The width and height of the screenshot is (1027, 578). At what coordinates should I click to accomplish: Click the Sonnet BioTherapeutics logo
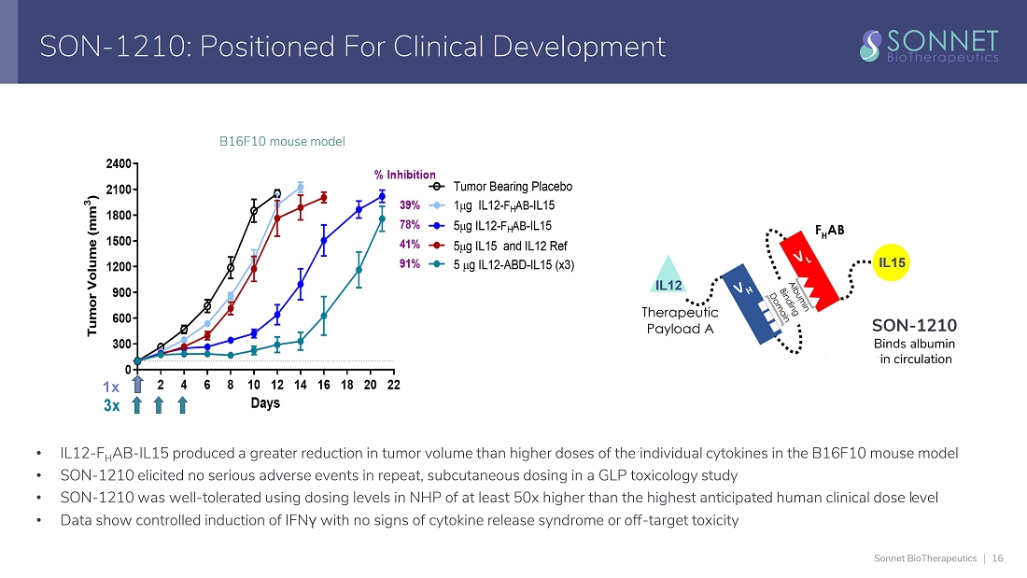click(x=928, y=45)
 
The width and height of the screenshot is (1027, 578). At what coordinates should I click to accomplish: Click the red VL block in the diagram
click(x=809, y=270)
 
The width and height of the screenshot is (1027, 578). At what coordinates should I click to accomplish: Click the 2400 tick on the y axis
click(x=119, y=164)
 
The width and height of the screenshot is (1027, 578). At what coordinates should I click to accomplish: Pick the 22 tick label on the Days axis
click(x=393, y=385)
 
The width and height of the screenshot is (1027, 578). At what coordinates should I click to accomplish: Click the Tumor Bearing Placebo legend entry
click(x=512, y=187)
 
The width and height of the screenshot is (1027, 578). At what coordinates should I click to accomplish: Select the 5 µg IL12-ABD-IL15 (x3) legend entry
click(x=513, y=264)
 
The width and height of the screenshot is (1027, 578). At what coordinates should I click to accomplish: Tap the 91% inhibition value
click(x=410, y=264)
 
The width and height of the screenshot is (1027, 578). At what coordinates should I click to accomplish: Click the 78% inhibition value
click(x=410, y=225)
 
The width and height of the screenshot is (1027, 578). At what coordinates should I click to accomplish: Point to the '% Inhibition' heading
click(x=404, y=175)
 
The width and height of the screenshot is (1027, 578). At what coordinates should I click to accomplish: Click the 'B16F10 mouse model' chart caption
click(x=282, y=142)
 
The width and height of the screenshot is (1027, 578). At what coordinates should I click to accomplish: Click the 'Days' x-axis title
click(x=265, y=403)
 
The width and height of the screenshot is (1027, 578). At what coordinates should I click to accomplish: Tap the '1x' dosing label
click(x=111, y=386)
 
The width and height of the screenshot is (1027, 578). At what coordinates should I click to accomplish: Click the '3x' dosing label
click(x=111, y=405)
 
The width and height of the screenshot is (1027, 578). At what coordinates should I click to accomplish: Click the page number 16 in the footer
click(x=998, y=558)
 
